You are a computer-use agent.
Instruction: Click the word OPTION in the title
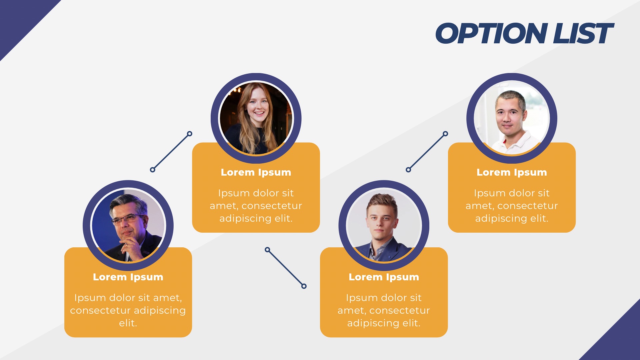click(491, 34)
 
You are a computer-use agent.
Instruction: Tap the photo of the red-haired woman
click(256, 118)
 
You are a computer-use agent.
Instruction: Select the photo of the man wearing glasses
click(128, 226)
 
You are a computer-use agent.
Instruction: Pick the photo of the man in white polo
click(512, 118)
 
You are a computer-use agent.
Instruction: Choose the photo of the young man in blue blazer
click(384, 226)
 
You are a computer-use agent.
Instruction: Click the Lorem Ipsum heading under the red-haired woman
click(256, 172)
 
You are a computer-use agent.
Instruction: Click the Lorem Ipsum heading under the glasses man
click(128, 277)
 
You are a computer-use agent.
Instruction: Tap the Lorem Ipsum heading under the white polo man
click(512, 172)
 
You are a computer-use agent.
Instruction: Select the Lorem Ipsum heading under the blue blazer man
click(384, 277)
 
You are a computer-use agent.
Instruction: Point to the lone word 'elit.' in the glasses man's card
click(128, 323)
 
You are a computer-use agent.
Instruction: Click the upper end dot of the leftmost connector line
click(190, 134)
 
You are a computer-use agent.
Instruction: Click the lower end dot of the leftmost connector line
click(153, 170)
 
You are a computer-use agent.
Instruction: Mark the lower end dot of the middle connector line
click(304, 286)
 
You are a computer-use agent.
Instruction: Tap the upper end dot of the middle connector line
click(267, 249)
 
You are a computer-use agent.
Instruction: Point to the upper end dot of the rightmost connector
click(445, 134)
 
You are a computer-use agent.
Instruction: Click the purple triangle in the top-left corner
click(20, 20)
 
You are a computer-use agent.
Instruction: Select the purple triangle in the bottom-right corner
click(620, 340)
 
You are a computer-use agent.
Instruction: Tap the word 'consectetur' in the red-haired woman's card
click(272, 206)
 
